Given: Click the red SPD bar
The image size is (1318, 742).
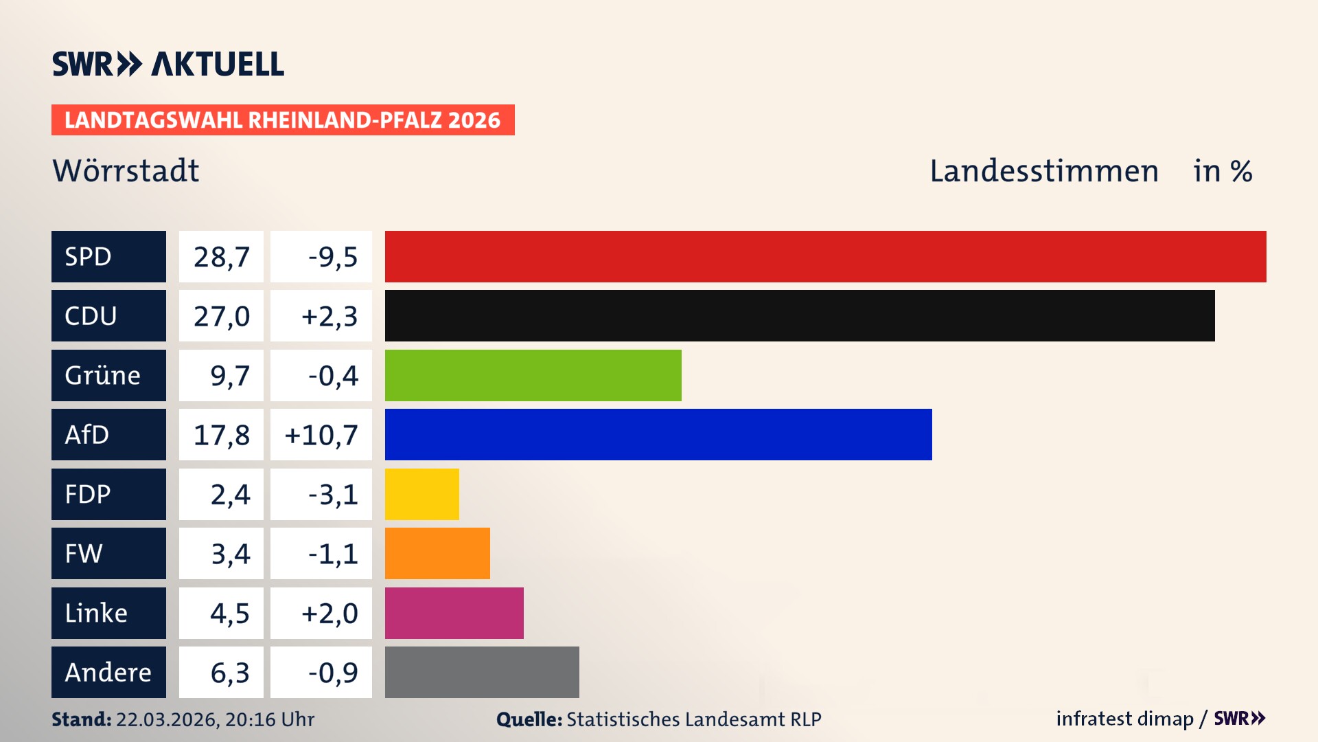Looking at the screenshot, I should point(825,256).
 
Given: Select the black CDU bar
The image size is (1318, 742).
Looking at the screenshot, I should point(800,315).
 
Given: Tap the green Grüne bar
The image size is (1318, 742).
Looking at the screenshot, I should point(533,375).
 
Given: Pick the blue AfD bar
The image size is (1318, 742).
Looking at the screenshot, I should point(658,434).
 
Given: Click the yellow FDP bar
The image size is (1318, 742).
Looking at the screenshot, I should point(421,494).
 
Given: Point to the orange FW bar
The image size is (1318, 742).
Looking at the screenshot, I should point(437,553).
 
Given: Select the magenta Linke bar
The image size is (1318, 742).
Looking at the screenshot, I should point(454,613).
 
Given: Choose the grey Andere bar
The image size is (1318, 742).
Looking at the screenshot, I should point(482,672).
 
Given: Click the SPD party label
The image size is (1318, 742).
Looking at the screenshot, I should point(108,256).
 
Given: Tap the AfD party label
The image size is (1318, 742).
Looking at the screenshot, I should point(108,434).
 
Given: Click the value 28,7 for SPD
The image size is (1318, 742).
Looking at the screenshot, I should point(221,256).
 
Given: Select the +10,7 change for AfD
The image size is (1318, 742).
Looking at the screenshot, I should point(321,434).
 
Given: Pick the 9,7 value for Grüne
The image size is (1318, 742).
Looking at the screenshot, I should point(229,375).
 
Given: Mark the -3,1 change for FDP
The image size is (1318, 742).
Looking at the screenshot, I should point(333,494).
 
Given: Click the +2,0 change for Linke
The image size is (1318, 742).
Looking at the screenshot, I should point(329,613).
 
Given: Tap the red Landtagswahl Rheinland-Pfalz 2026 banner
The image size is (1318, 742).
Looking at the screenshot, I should point(283,120).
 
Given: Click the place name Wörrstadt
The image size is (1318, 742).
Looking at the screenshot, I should point(126,170).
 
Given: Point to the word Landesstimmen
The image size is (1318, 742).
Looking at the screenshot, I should point(1043,170).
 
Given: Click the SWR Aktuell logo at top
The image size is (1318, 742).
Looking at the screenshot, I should point(168,64).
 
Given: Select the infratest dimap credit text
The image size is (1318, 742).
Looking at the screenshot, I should point(1124,719).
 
